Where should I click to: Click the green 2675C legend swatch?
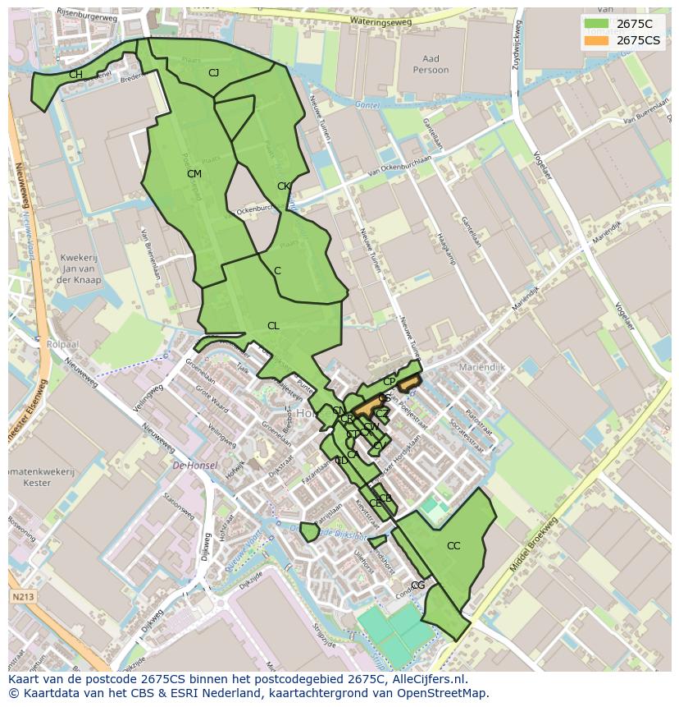tap(596, 25)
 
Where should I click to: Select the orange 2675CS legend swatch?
tap(596, 40)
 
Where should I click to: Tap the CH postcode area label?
tap(75, 75)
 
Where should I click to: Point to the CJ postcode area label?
tap(213, 73)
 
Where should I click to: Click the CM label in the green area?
tap(194, 174)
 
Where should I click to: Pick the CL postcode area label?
tap(273, 326)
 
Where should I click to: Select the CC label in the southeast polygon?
tap(453, 546)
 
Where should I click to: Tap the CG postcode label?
tap(418, 585)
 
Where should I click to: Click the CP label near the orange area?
tap(389, 382)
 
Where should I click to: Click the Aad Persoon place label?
tap(431, 64)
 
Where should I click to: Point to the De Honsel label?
tap(195, 466)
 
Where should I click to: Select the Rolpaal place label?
tap(62, 344)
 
